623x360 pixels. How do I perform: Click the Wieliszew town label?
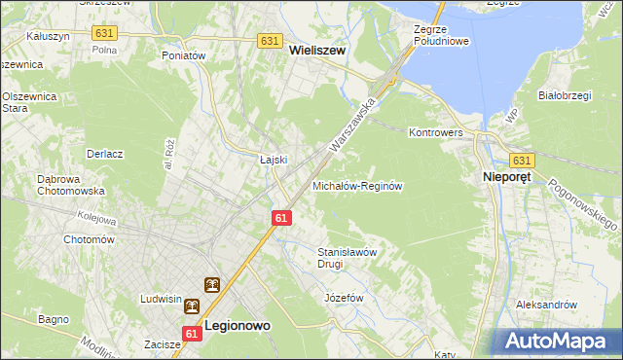(x=318, y=59)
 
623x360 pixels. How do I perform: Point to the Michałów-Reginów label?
(x=357, y=185)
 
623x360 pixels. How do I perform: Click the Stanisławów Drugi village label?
(x=348, y=257)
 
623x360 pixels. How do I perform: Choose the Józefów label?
(x=344, y=297)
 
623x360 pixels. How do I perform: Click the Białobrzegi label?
(x=566, y=95)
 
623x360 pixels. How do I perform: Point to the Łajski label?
(x=271, y=160)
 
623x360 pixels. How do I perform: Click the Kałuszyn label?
(x=47, y=34)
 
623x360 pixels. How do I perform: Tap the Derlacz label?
(x=104, y=154)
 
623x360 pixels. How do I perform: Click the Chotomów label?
(x=89, y=239)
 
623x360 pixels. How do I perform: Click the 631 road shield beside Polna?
(x=104, y=33)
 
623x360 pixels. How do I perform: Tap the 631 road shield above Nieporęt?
(x=522, y=160)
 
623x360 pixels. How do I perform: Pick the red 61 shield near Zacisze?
(x=191, y=334)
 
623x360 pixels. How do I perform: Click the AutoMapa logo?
(x=555, y=340)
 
